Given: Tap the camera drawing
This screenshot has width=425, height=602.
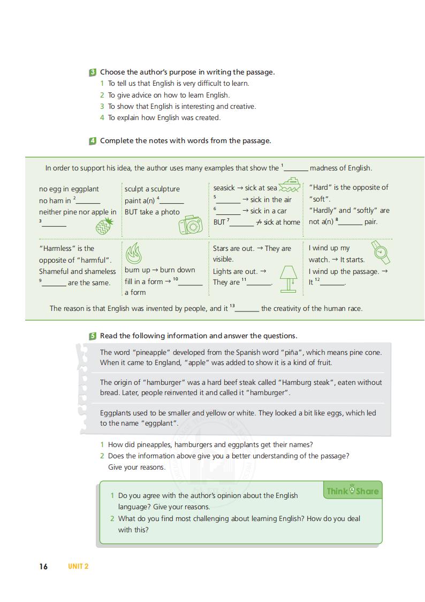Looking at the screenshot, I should [191, 225].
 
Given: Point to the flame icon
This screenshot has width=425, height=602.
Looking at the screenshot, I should [133, 252].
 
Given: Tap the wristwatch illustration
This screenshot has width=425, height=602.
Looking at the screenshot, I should [380, 252].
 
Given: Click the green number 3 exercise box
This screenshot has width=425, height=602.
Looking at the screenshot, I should [93, 72].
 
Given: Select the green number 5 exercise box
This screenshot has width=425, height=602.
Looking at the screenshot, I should [93, 336].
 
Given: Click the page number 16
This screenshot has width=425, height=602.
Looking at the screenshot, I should [43, 566].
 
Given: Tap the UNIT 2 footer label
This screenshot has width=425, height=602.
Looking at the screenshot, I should [78, 566].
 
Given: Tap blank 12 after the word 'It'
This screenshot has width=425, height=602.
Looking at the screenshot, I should [332, 284].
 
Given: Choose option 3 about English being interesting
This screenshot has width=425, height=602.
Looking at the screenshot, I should [182, 106].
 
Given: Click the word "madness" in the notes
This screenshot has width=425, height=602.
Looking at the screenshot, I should [326, 168].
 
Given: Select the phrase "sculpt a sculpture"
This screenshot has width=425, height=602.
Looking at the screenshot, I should [152, 189].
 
